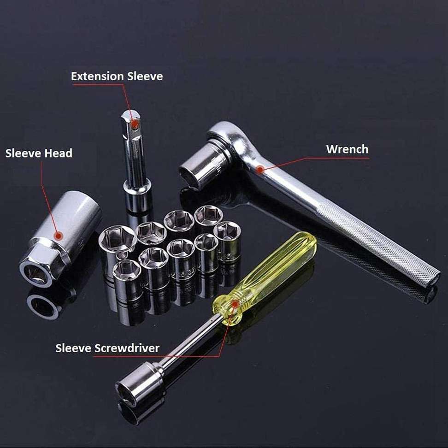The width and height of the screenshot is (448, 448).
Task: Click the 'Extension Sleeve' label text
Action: coord(117,77)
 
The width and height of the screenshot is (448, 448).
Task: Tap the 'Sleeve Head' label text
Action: coord(39,153)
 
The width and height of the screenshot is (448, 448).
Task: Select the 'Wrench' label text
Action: coord(347,149)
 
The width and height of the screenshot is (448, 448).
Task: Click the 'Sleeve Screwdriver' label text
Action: coord(107,348)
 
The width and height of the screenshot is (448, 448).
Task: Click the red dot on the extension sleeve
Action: coord(134,124)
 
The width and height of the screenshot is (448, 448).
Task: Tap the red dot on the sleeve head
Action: coord(59,236)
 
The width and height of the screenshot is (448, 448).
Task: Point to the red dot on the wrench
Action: coord(259,170)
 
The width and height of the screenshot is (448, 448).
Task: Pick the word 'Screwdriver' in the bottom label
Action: coord(127,348)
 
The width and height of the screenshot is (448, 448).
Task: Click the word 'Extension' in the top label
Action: coord(97,77)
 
